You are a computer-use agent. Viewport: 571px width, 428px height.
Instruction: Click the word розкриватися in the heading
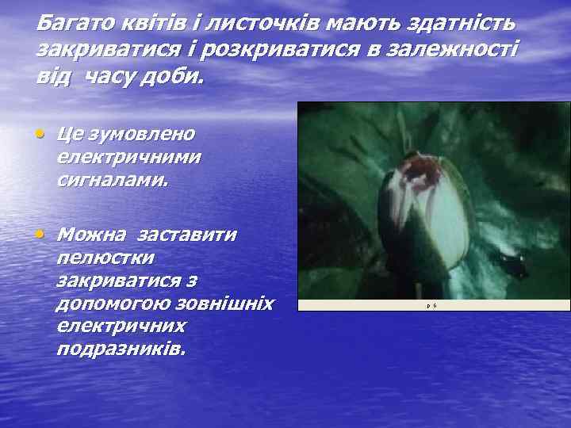278,52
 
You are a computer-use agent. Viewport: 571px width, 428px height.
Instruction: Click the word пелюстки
106,258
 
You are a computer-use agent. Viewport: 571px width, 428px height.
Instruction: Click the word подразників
121,349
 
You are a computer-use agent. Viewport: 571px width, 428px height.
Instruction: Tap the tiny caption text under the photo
432,304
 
